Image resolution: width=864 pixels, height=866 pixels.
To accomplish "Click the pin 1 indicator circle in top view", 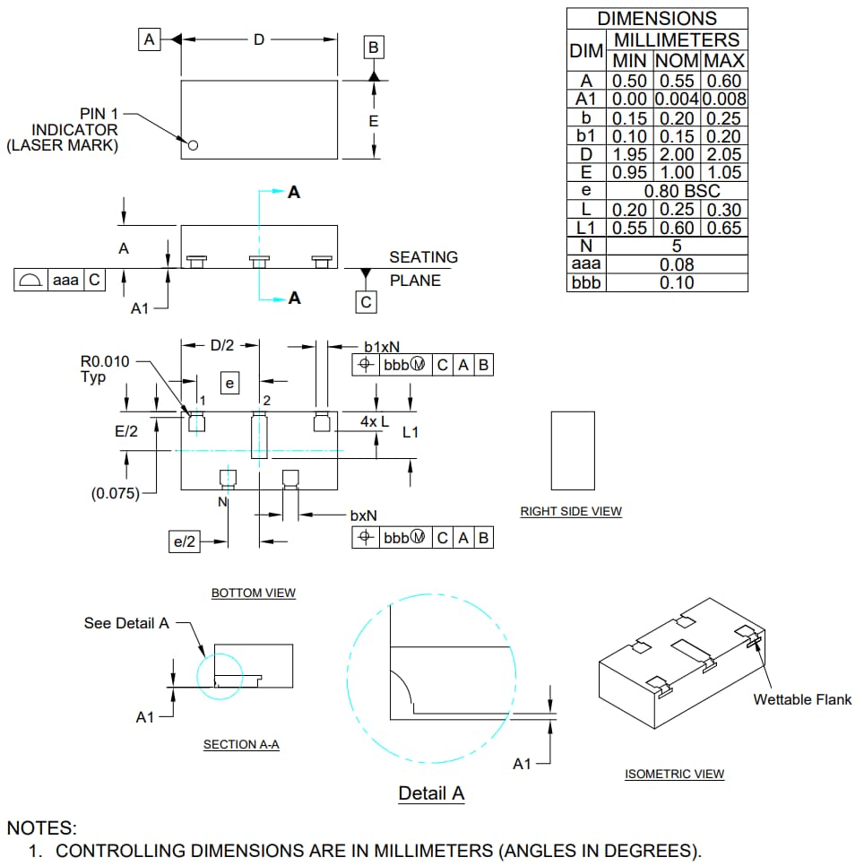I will (x=191, y=145).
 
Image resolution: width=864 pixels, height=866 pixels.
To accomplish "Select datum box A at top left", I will (x=149, y=39).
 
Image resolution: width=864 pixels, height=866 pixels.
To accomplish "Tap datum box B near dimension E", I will (x=374, y=48).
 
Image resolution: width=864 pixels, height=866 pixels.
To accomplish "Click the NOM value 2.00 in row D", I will (x=677, y=154).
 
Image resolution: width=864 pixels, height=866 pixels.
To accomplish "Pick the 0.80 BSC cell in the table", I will (x=677, y=191).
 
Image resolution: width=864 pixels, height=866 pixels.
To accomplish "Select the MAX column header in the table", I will (x=724, y=61).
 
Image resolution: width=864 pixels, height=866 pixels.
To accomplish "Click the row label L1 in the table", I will (x=586, y=228).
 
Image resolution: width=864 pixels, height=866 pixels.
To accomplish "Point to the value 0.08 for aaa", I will (x=677, y=264).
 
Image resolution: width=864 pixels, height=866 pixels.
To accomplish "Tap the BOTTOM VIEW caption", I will (x=253, y=593).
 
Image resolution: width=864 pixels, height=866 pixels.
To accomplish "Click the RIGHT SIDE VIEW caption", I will (x=571, y=511).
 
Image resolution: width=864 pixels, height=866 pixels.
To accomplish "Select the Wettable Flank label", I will (x=801, y=699).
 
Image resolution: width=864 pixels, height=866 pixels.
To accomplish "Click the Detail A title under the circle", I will (x=431, y=793).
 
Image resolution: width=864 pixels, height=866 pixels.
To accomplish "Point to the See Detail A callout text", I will (x=126, y=623).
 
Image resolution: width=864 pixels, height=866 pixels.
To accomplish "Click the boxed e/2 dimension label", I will (x=185, y=541).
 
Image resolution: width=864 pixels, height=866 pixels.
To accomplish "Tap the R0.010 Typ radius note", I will (x=105, y=369).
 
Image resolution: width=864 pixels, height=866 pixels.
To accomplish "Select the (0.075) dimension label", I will (x=116, y=492).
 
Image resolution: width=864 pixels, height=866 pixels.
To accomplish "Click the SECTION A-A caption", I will (x=241, y=744).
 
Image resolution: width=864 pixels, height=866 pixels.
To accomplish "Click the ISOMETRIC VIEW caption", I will (x=674, y=774).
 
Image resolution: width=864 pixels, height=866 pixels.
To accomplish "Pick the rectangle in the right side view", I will (x=572, y=451).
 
